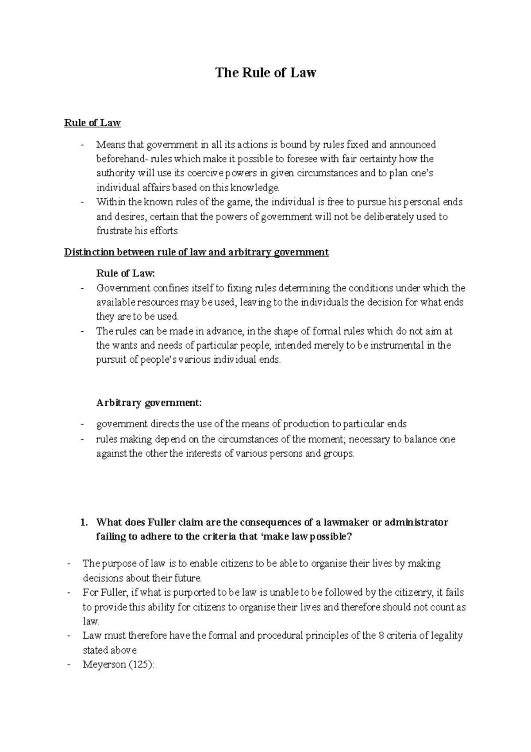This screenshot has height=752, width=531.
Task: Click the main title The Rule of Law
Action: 265,73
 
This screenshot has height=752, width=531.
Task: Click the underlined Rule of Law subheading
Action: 92,123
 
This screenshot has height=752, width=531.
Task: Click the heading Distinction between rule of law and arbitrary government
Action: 196,252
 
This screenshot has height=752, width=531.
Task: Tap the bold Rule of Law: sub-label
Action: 126,274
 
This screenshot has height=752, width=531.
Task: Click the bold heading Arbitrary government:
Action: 149,403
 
